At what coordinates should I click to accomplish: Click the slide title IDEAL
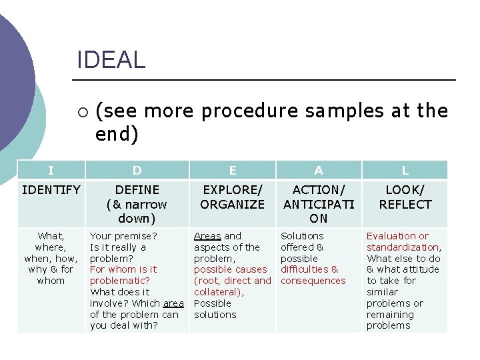[x=111, y=60]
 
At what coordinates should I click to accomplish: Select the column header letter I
[x=51, y=171]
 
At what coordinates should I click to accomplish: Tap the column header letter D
[x=137, y=171]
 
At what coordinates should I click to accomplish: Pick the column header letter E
[x=233, y=171]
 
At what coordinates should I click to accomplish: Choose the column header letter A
[x=319, y=171]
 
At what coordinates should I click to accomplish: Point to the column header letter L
[x=405, y=171]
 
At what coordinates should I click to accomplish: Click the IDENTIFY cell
[x=51, y=190]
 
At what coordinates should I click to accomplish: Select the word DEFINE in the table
[x=137, y=190]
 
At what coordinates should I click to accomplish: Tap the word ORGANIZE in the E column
[x=233, y=204]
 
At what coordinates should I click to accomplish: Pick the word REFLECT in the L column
[x=405, y=204]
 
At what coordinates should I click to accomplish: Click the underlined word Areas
[x=207, y=236]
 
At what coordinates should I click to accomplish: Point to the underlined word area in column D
[x=173, y=303]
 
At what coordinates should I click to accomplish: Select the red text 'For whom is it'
[x=123, y=269]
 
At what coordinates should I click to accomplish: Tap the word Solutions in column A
[x=302, y=236]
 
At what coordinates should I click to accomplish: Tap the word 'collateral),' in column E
[x=219, y=292]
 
